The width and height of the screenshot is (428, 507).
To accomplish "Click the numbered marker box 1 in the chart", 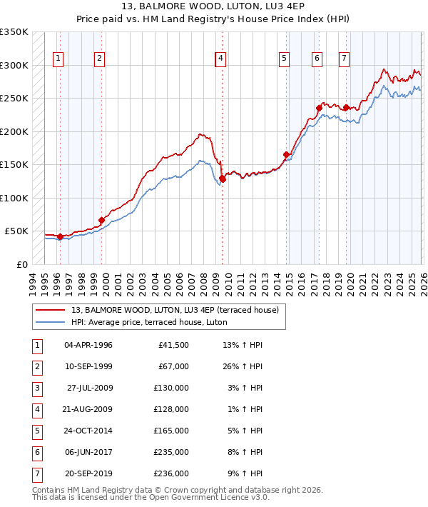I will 58,59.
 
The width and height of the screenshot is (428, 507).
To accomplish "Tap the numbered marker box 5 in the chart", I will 284,59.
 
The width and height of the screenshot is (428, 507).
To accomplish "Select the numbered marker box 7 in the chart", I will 344,59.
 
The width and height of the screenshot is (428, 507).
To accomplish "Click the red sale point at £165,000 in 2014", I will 287,154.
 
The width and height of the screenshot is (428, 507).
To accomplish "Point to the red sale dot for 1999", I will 102,220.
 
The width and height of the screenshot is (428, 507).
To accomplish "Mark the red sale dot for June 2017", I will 319,108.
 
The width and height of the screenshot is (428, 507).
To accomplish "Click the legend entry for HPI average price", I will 149,322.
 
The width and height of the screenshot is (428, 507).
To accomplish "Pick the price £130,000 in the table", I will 171,388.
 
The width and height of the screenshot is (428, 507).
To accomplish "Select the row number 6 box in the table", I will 36,452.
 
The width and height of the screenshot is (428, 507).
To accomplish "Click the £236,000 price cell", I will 171,473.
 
